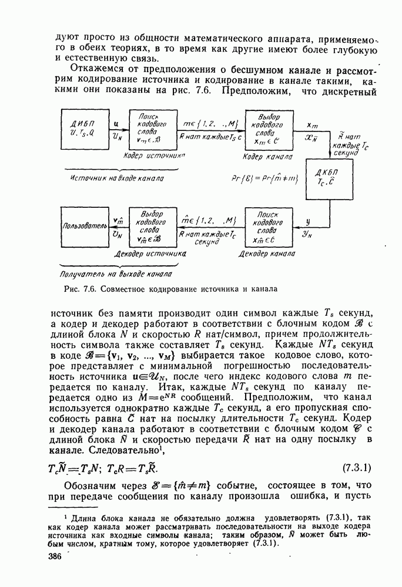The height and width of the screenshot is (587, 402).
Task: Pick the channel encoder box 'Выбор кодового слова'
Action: pyautogui.click(x=267, y=129)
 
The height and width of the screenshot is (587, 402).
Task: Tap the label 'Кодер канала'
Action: pyautogui.click(x=267, y=157)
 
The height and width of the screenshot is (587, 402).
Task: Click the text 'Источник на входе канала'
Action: pyautogui.click(x=116, y=177)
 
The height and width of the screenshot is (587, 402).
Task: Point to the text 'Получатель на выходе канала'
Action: pyautogui.click(x=116, y=274)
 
